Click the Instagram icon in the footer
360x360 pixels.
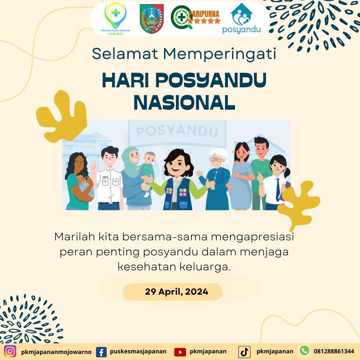(10, 351)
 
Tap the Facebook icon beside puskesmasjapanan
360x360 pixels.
(101, 352)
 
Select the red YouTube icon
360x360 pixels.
(180, 352)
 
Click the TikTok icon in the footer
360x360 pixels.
(244, 352)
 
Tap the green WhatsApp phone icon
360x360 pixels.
(305, 351)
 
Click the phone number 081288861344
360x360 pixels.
(334, 352)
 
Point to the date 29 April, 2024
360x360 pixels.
(177, 292)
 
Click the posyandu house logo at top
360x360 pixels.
(242, 18)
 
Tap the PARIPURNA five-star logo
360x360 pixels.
(195, 17)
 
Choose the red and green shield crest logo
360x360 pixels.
(152, 18)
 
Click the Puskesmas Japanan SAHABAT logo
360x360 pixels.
(115, 18)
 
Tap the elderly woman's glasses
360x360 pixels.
(216, 159)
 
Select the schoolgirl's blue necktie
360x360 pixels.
(278, 189)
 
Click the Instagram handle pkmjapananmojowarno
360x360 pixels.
(56, 352)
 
